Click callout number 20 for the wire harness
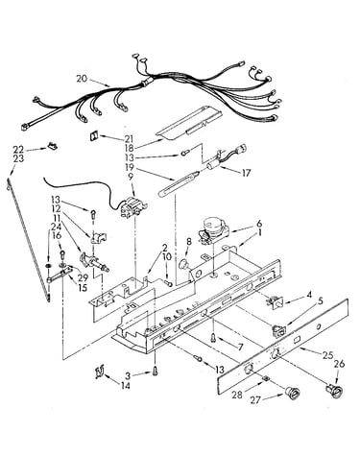click(x=82, y=79)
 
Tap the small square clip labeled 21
click(x=94, y=136)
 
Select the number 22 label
click(x=18, y=149)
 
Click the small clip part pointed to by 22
click(x=52, y=146)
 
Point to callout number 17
click(x=246, y=173)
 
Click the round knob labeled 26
click(x=334, y=391)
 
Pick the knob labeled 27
click(x=292, y=392)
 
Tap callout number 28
click(x=237, y=395)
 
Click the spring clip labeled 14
click(x=100, y=372)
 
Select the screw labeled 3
click(x=156, y=372)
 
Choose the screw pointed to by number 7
click(x=213, y=338)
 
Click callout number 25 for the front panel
click(x=327, y=355)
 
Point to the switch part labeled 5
click(x=278, y=331)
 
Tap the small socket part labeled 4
click(x=275, y=302)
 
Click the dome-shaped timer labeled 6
click(x=212, y=229)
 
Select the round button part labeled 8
click(x=184, y=265)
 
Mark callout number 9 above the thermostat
click(x=131, y=177)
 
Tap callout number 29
click(x=83, y=277)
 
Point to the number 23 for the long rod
click(x=18, y=158)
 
